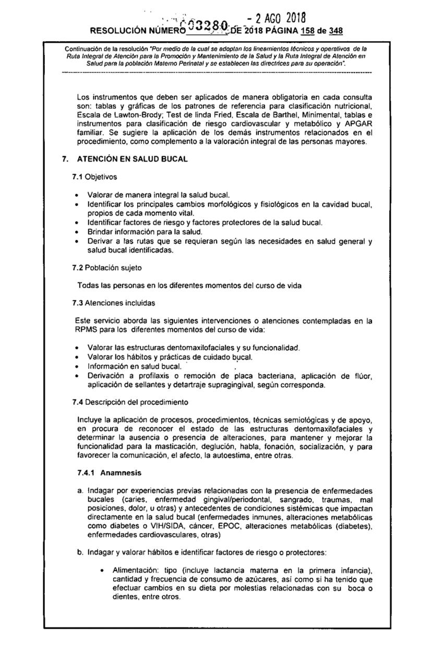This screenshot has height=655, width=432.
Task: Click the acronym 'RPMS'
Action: tap(86, 329)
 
